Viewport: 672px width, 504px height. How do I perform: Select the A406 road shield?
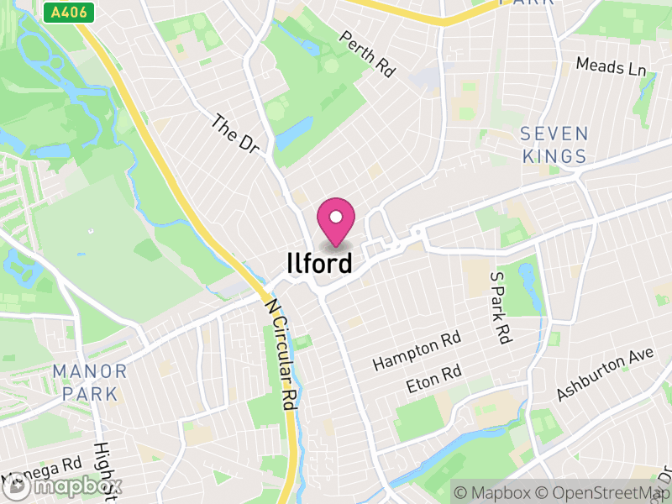[x=70, y=13]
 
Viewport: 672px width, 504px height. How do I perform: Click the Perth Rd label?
[x=367, y=55]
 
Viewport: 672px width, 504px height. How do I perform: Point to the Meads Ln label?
[x=611, y=66]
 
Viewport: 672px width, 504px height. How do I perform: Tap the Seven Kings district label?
[x=554, y=144]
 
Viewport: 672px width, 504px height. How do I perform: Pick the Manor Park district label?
[x=89, y=381]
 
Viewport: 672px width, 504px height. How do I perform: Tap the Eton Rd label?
[x=434, y=379]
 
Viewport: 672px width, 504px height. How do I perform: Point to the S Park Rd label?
[x=501, y=307]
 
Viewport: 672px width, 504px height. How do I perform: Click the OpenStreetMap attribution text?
[x=601, y=492]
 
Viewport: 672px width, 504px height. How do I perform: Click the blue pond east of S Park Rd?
[x=527, y=276]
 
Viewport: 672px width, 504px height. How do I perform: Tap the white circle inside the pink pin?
[x=335, y=217]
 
